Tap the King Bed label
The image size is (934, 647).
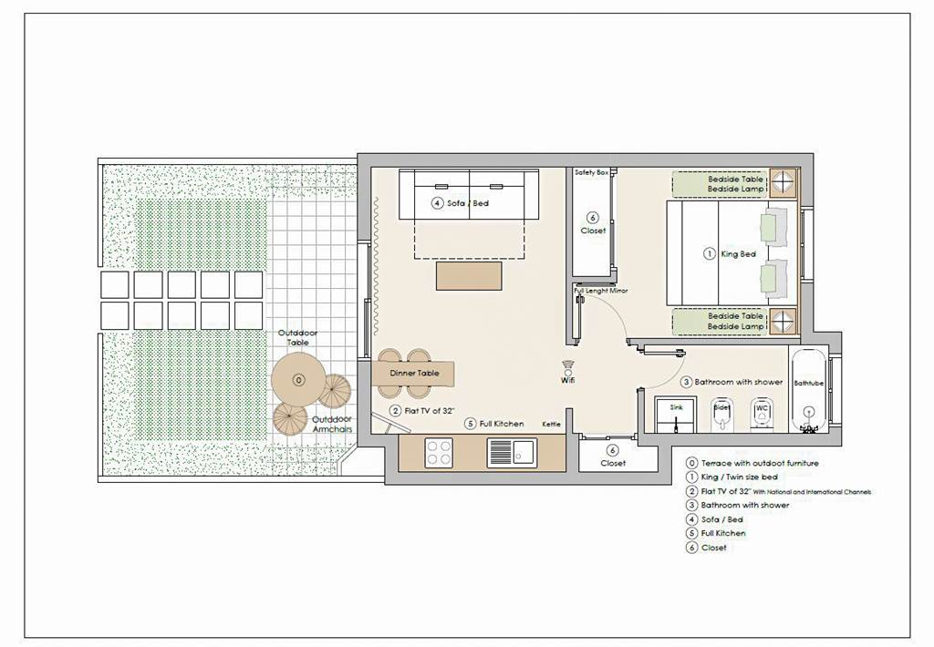click(x=739, y=254)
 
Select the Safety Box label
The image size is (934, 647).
click(x=591, y=172)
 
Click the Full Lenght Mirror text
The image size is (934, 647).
click(x=601, y=291)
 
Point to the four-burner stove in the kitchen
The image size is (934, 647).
click(x=439, y=452)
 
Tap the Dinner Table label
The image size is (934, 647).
click(x=415, y=374)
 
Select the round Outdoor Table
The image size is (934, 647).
click(x=297, y=379)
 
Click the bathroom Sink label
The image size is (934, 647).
click(x=676, y=407)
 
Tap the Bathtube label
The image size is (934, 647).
click(x=808, y=384)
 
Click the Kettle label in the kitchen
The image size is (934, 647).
click(x=552, y=424)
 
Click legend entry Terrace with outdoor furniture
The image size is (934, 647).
click(x=760, y=464)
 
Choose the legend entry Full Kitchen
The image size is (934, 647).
click(x=723, y=533)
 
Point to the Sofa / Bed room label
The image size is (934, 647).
click(x=468, y=203)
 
